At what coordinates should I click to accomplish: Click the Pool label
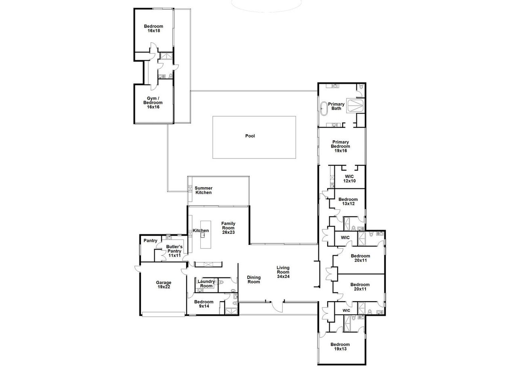pyautogui.click(x=250, y=136)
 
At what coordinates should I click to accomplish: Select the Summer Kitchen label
pyautogui.click(x=204, y=190)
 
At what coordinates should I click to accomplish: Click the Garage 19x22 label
pyautogui.click(x=164, y=285)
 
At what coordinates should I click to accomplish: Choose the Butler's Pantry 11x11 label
pyautogui.click(x=175, y=251)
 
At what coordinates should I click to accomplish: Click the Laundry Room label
pyautogui.click(x=206, y=283)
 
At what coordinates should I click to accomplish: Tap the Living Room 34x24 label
pyautogui.click(x=284, y=272)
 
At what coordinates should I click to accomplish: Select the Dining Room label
pyautogui.click(x=254, y=279)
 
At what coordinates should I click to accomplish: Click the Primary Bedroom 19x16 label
pyautogui.click(x=340, y=146)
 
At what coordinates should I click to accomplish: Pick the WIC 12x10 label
pyautogui.click(x=350, y=179)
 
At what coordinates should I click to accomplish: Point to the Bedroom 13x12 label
pyautogui.click(x=348, y=201)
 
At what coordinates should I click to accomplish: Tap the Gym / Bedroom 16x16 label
pyautogui.click(x=153, y=103)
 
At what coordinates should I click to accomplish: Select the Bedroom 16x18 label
pyautogui.click(x=153, y=28)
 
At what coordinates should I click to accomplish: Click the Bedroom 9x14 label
pyautogui.click(x=204, y=304)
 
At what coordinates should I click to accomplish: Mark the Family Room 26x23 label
pyautogui.click(x=228, y=228)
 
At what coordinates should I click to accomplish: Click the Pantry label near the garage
pyautogui.click(x=150, y=241)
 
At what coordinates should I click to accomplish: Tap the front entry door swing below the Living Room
pyautogui.click(x=277, y=306)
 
